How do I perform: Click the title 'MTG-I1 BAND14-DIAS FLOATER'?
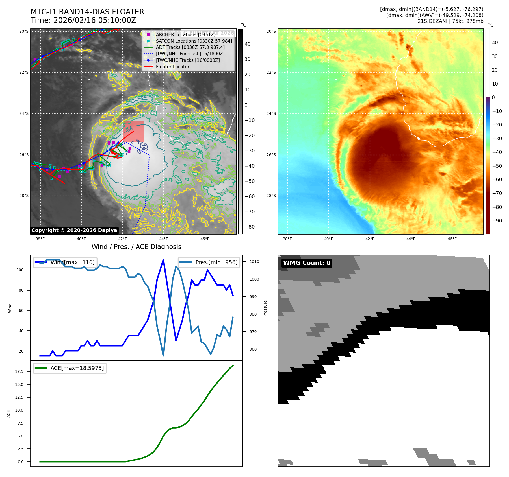pyautogui.click(x=87, y=12)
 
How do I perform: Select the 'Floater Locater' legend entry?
pyautogui.click(x=172, y=67)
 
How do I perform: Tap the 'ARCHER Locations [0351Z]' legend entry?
pyautogui.click(x=185, y=34)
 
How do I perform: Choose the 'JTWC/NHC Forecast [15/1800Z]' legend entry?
pyautogui.click(x=190, y=54)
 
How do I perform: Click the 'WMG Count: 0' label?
pyautogui.click(x=307, y=263)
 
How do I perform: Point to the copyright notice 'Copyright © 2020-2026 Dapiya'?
pyautogui.click(x=74, y=230)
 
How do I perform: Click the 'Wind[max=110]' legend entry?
pyautogui.click(x=72, y=262)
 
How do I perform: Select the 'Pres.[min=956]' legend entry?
pyautogui.click(x=216, y=262)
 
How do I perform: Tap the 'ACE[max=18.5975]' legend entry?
pyautogui.click(x=77, y=368)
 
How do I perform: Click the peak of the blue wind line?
pyautogui.click(x=163, y=260)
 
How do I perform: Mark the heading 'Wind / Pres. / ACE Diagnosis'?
pyautogui.click(x=137, y=247)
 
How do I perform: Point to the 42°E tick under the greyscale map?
pyautogui.click(x=123, y=239)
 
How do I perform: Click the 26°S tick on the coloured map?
pyautogui.click(x=271, y=155)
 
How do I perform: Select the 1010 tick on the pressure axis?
pyautogui.click(x=254, y=262)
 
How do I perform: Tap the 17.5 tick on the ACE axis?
pyautogui.click(x=19, y=371)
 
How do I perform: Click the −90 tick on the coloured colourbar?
pyautogui.click(x=497, y=221)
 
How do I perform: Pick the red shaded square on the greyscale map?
pyautogui.click(x=133, y=131)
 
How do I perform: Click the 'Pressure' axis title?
pyautogui.click(x=265, y=308)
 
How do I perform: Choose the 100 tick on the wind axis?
pyautogui.click(x=20, y=270)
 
